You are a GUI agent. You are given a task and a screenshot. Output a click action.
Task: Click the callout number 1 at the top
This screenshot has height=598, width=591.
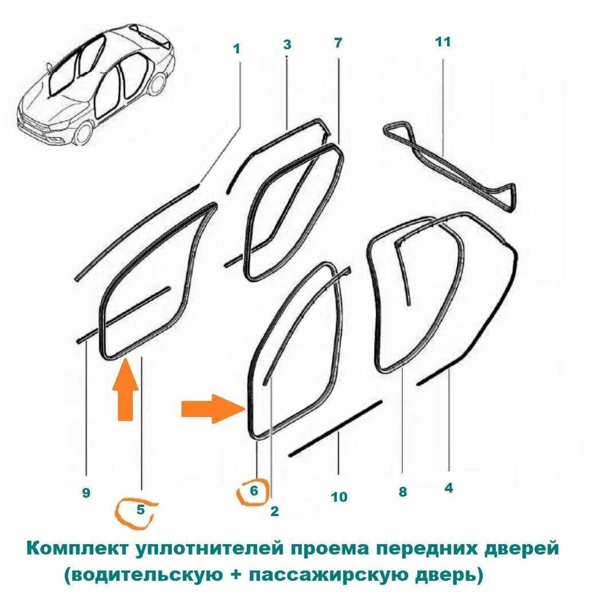[x=236, y=49]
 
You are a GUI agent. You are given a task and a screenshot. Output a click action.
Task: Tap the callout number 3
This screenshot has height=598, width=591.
[x=287, y=44]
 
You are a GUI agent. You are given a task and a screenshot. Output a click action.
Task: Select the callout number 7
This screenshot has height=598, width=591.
[x=337, y=43]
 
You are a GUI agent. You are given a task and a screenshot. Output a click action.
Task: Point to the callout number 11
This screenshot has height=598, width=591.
[x=443, y=42]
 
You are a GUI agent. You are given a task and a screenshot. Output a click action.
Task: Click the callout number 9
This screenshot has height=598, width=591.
[x=86, y=493]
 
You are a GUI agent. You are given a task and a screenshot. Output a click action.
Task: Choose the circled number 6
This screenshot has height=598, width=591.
[x=254, y=491]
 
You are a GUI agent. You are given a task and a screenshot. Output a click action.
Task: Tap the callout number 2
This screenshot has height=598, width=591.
[x=274, y=512]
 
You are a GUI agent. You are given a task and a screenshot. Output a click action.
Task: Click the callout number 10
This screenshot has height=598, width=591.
[x=339, y=497]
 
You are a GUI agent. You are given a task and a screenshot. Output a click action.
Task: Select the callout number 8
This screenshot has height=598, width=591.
[x=403, y=491]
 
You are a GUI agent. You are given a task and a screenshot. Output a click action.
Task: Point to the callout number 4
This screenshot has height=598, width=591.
[x=448, y=488]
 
